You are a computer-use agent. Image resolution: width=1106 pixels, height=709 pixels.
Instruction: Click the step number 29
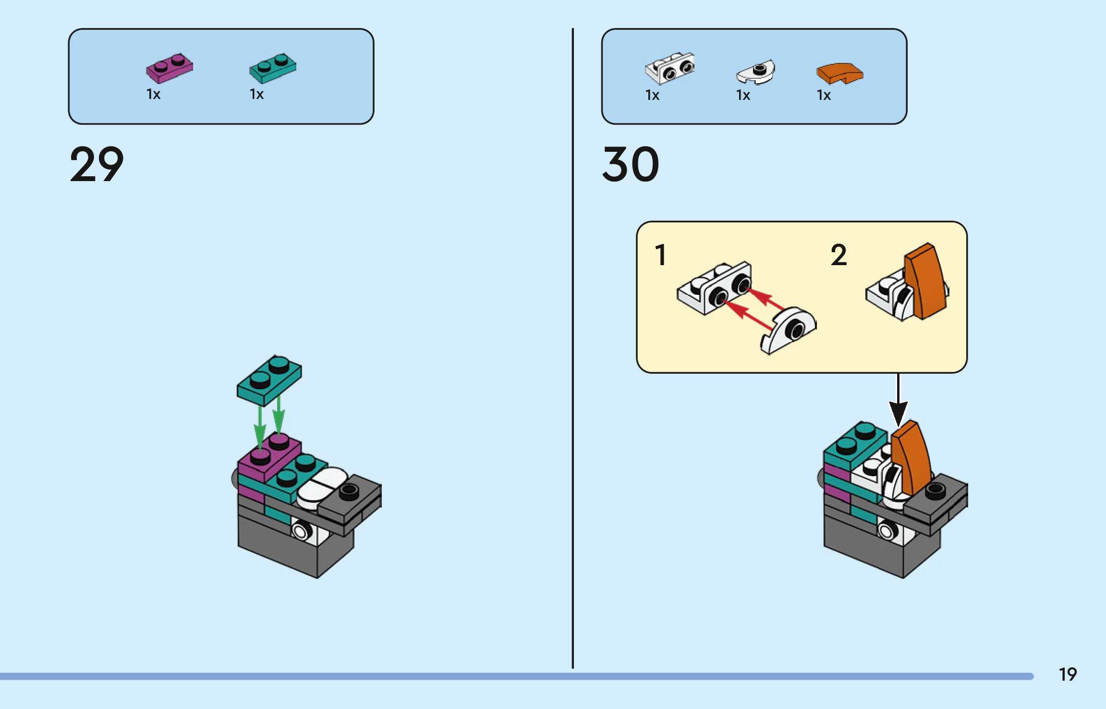pos(97,164)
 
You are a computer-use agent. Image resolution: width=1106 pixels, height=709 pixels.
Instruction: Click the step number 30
pos(631,164)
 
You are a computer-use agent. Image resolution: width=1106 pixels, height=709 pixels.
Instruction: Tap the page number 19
pos(1068,674)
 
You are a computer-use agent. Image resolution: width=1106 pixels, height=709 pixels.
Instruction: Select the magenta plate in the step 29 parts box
pos(169,68)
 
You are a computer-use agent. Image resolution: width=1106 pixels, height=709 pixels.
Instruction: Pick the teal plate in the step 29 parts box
pos(272,68)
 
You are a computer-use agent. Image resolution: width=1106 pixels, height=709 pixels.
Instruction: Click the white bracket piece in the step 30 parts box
pos(670,68)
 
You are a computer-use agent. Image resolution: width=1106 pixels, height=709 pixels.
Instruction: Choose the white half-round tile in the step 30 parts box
pos(755,72)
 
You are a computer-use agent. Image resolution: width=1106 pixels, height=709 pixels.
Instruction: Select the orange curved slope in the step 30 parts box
pos(839,73)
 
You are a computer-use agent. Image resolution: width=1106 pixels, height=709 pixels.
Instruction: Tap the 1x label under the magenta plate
pos(153,94)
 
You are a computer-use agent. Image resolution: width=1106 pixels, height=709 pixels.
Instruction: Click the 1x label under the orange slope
pos(824,95)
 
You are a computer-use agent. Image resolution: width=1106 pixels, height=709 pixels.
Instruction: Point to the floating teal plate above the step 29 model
pos(269,379)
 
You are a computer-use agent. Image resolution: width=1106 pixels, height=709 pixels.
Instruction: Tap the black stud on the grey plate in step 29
pos(349,490)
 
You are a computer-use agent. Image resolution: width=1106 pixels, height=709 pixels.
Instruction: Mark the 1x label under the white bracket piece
pos(652,95)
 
